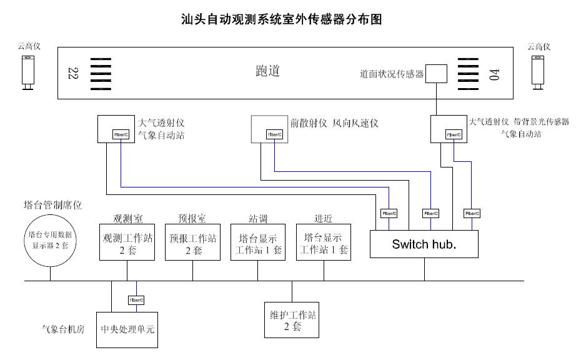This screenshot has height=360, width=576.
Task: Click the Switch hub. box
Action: click(424, 243)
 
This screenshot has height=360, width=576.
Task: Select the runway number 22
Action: click(71, 73)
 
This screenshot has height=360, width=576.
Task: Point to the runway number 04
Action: click(495, 74)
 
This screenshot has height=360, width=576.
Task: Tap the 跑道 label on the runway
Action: click(267, 71)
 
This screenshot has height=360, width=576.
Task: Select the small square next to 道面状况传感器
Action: click(437, 74)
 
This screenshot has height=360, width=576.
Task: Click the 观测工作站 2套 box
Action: click(128, 243)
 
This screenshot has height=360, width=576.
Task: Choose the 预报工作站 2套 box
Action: click(192, 243)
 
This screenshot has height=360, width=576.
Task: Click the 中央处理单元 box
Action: click(127, 329)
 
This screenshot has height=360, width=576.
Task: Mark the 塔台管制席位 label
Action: click(52, 205)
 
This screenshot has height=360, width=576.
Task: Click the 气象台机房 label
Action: click(63, 328)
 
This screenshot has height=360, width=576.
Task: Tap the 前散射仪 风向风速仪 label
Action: click(334, 123)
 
